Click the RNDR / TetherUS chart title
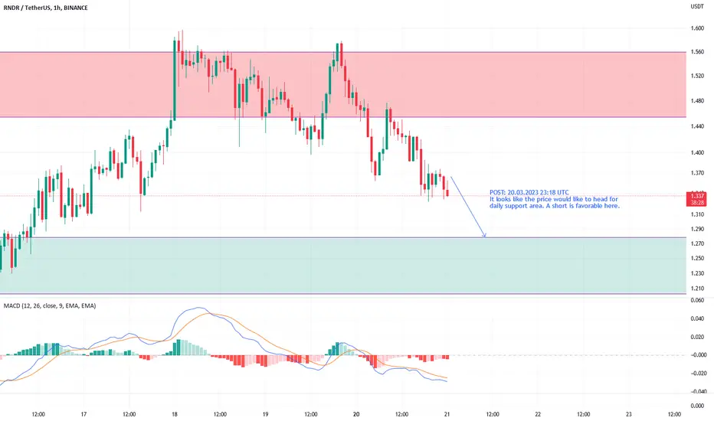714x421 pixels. (45, 8)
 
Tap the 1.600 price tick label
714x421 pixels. (697, 28)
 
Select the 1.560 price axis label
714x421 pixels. (697, 52)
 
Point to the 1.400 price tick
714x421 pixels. (697, 152)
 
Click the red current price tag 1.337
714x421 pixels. (696, 199)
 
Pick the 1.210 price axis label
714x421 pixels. (697, 288)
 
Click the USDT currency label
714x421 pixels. (697, 6)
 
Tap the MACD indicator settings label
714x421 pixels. (50, 306)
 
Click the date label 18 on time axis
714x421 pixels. (175, 414)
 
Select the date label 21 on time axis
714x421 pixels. (447, 414)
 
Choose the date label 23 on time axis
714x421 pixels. (629, 414)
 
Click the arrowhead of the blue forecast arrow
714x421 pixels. (485, 237)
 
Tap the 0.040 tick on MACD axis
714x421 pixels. (697, 318)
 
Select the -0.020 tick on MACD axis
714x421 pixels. (696, 374)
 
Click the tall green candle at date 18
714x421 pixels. (175, 80)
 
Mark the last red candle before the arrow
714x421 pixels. (447, 193)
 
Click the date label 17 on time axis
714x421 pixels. (84, 414)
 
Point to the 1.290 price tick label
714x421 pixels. (697, 229)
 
